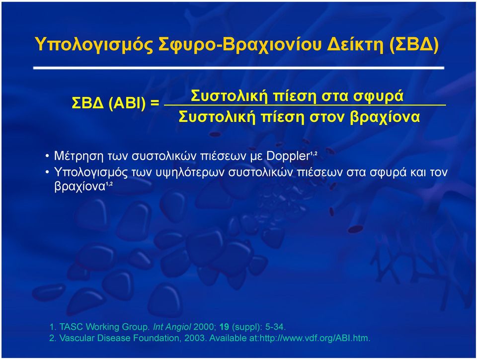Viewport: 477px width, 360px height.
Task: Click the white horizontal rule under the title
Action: point(239,68)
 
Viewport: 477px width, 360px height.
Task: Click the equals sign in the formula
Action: point(155,102)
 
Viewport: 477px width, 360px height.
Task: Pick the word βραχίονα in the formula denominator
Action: point(385,117)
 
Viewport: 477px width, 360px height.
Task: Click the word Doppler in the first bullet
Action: point(288,156)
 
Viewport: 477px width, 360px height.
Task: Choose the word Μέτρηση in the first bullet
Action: point(79,156)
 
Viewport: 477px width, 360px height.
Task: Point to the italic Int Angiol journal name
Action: point(172,327)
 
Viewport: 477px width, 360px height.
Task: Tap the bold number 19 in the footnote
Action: point(224,327)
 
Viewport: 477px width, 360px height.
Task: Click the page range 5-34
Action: point(275,327)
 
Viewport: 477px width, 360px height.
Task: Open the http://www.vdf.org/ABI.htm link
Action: point(315,338)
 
